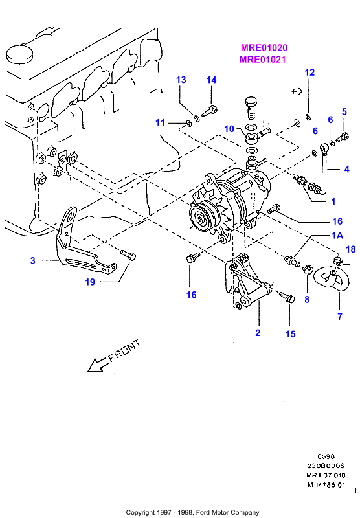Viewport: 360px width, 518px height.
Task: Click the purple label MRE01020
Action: click(264, 48)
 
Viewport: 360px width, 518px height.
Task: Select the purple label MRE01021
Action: click(263, 60)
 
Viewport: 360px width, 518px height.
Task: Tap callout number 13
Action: click(181, 80)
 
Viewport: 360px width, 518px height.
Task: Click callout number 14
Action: click(211, 80)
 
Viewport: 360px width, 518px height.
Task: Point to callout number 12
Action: click(309, 73)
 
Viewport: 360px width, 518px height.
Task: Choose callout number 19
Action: click(90, 282)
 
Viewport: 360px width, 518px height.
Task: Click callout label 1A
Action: click(337, 235)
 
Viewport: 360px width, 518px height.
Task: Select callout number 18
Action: click(350, 249)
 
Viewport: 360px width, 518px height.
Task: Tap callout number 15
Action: click(290, 334)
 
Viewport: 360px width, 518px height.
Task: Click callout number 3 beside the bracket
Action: click(32, 261)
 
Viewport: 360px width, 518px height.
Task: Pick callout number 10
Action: click(229, 129)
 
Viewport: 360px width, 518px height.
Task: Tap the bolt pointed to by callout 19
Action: click(128, 255)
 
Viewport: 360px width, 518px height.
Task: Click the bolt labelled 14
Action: click(209, 111)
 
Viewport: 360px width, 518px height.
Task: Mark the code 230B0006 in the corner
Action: click(326, 466)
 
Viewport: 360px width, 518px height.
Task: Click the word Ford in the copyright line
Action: click(202, 513)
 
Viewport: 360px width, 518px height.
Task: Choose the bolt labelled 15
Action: click(287, 297)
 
